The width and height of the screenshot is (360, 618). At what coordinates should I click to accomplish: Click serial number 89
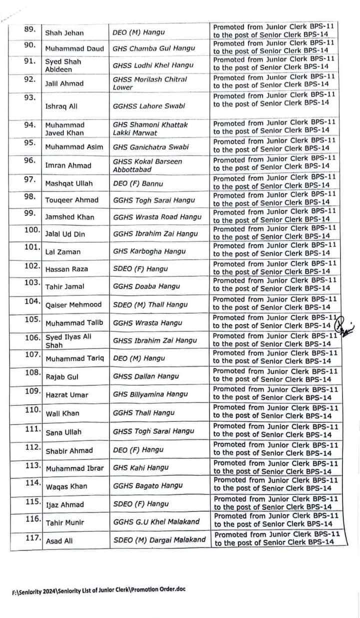(x=29, y=29)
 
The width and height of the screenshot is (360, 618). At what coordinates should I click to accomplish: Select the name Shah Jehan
(x=64, y=33)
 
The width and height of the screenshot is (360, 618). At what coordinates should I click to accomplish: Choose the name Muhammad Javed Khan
(x=65, y=129)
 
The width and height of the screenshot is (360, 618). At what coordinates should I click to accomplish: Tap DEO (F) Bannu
(x=138, y=184)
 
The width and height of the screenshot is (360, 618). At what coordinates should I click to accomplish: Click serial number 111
(x=32, y=428)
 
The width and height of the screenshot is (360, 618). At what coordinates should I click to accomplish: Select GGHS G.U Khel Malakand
(x=156, y=522)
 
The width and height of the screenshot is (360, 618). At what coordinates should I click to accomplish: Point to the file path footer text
(x=98, y=589)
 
